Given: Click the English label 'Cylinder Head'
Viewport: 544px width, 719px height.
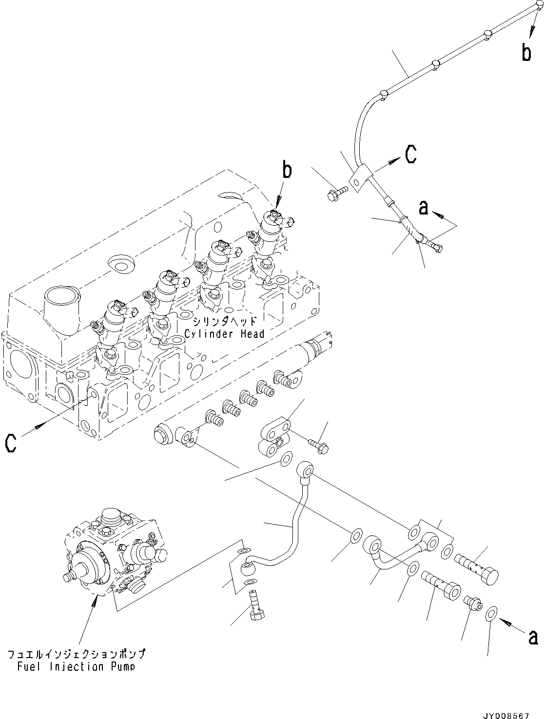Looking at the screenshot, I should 225,334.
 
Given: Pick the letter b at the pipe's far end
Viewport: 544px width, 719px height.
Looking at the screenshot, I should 527,52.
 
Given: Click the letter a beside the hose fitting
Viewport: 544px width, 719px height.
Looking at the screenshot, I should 424,208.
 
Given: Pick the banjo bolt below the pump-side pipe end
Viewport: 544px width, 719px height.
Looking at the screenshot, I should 256,605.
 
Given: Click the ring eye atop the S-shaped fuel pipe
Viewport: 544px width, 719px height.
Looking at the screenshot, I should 305,470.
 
